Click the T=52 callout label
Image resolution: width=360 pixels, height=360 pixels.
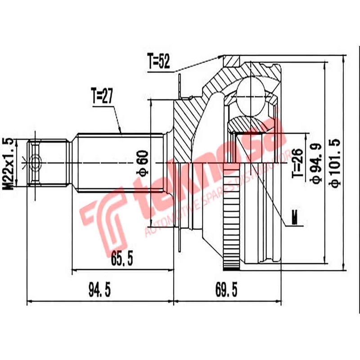pyautogui.click(x=158, y=62)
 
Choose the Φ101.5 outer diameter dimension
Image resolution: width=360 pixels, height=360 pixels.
pyautogui.click(x=335, y=162)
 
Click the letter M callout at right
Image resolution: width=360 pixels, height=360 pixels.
pyautogui.click(x=295, y=218)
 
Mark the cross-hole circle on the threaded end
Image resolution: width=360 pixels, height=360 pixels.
pyautogui.click(x=36, y=162)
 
